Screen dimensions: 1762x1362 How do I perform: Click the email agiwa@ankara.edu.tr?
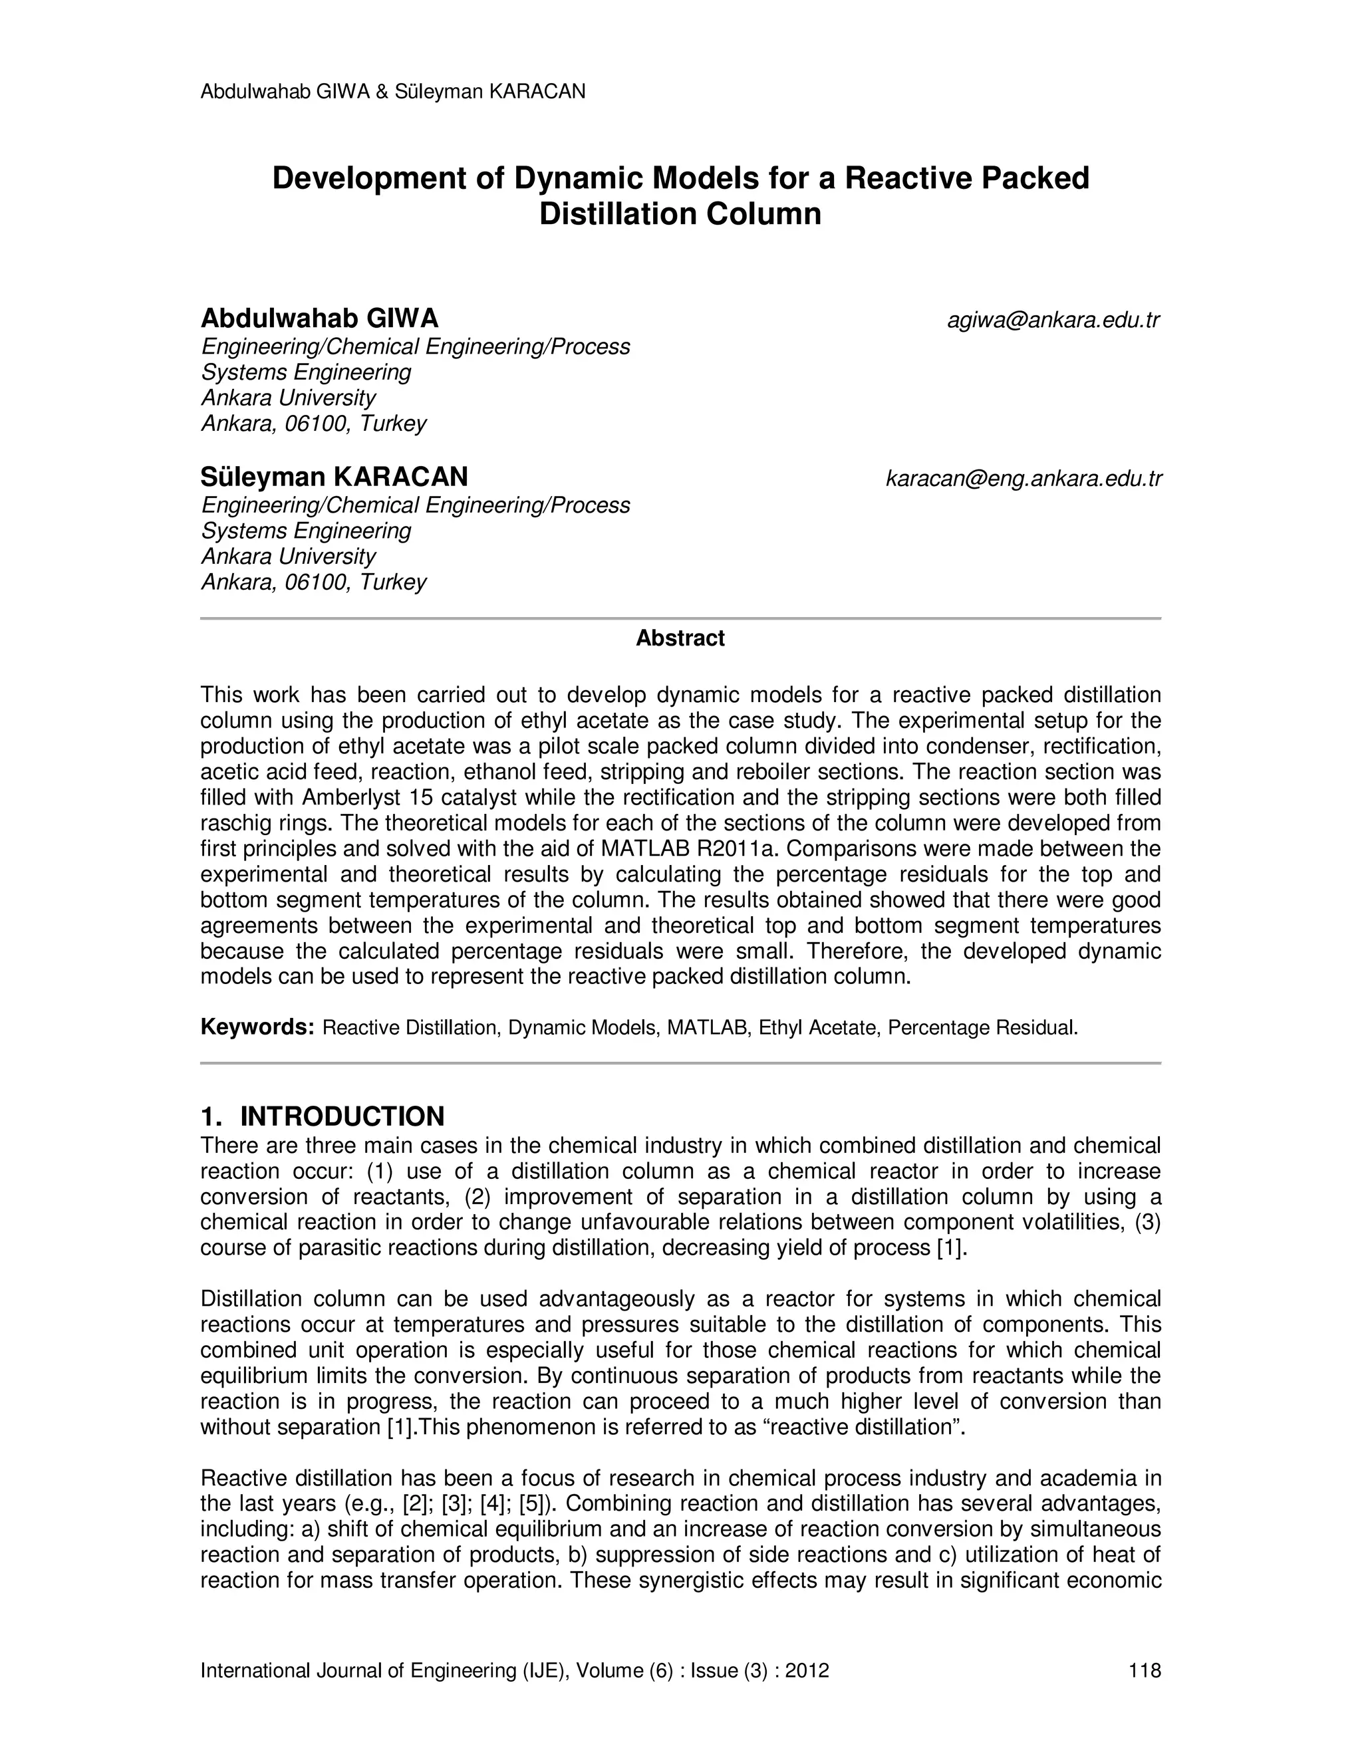pos(1053,320)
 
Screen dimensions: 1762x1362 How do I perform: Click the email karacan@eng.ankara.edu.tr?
pos(1023,479)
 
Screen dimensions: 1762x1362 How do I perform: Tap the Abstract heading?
pos(680,638)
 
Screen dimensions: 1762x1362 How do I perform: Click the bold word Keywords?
pos(257,1027)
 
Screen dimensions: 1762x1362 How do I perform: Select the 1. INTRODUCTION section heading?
pos(322,1116)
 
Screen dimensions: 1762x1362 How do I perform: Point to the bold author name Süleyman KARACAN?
pos(334,477)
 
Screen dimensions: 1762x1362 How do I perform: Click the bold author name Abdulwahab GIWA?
pos(319,318)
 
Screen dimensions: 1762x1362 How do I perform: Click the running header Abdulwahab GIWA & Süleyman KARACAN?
pos(392,92)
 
